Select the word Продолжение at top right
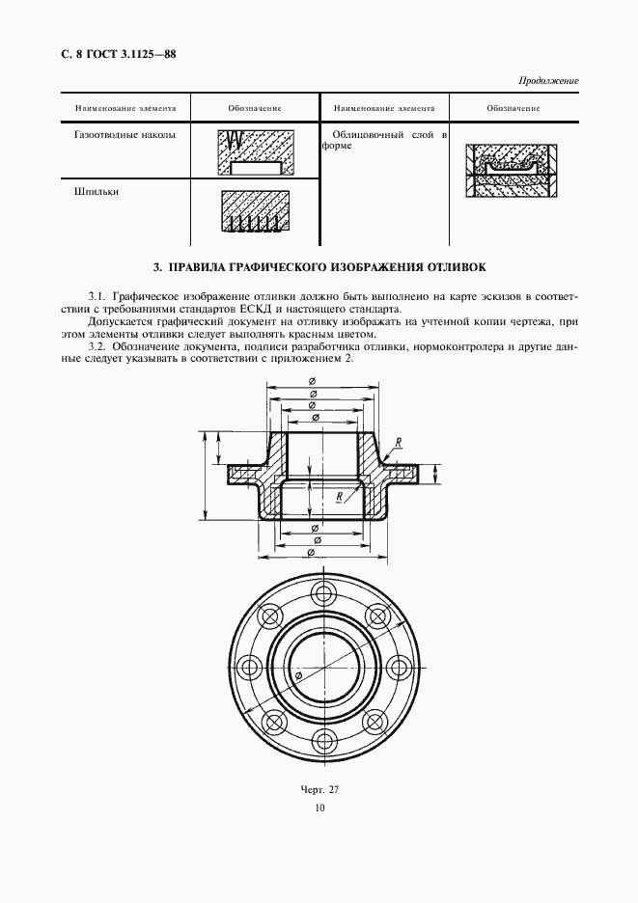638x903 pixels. [x=547, y=81]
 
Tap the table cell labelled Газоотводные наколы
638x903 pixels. [x=125, y=136]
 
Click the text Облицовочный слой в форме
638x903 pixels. [x=385, y=142]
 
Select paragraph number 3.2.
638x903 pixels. [x=97, y=345]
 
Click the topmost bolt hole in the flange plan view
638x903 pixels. [x=320, y=589]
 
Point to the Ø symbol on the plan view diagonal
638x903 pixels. [x=297, y=679]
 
